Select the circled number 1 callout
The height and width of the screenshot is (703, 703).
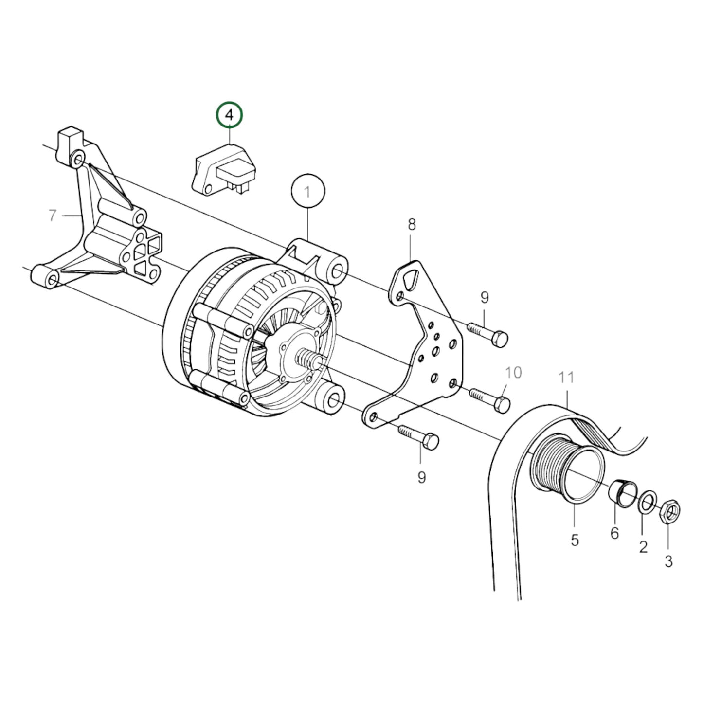(x=307, y=192)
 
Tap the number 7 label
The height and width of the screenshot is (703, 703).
(x=53, y=215)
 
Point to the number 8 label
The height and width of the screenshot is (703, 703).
(x=412, y=224)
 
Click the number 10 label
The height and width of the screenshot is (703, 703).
(x=513, y=373)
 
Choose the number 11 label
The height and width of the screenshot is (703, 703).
(x=566, y=378)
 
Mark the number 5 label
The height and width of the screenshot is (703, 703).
(x=575, y=540)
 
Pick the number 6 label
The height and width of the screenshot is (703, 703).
(x=614, y=533)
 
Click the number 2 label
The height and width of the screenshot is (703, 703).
(x=643, y=547)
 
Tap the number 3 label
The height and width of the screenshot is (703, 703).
(x=668, y=561)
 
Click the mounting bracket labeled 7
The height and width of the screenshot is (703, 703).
(x=97, y=224)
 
